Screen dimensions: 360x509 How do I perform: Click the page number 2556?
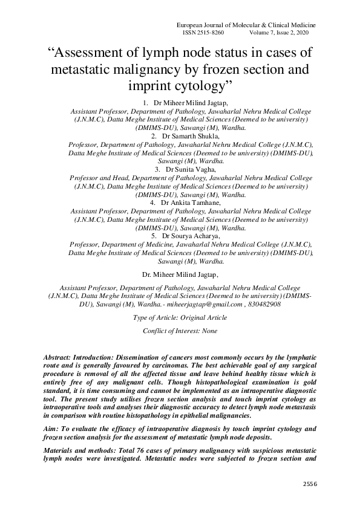[309, 484]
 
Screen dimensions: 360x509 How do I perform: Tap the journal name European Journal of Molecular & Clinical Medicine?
[246, 25]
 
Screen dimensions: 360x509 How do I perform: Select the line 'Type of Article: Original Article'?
[180, 317]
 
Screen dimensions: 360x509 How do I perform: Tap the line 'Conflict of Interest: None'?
[180, 331]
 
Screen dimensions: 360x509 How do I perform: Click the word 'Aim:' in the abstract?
[53, 429]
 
